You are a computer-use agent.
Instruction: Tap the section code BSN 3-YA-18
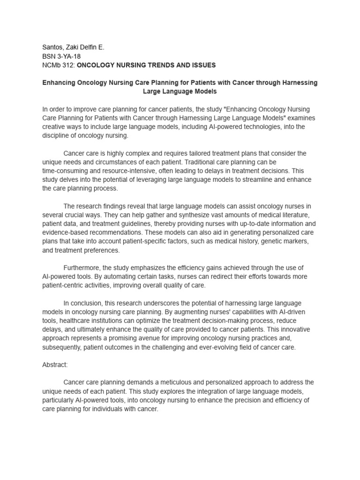pos(61,56)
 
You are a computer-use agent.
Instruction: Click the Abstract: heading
pos(55,365)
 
